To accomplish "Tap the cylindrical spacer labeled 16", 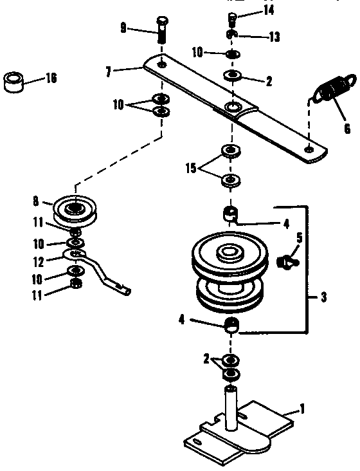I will click(15, 83).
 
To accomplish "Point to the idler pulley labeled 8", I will click(73, 208).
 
